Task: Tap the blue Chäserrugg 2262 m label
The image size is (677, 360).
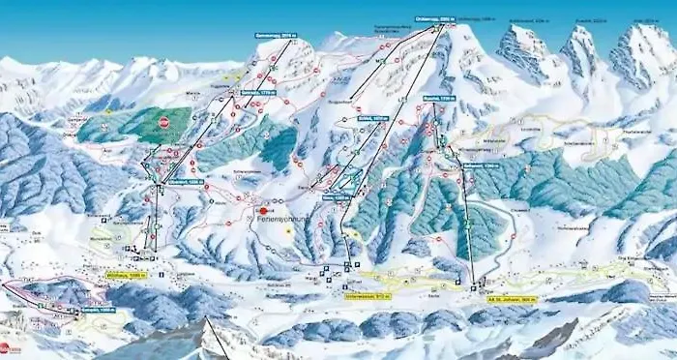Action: tap(433, 20)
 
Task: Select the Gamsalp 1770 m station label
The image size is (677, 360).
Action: tap(265, 93)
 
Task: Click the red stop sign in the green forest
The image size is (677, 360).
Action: tap(163, 123)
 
